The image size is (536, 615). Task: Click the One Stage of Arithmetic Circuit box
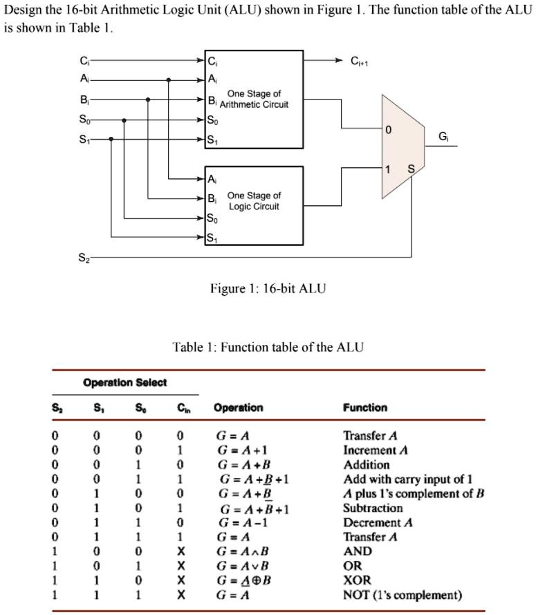[x=254, y=99]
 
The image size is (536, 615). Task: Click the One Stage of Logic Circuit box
[x=254, y=205]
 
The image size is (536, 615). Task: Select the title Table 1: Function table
[x=268, y=347]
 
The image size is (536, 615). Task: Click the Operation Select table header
[x=124, y=382]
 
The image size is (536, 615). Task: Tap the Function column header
[x=365, y=408]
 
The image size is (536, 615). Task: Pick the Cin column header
[x=181, y=408]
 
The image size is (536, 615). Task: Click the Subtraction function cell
[x=373, y=508]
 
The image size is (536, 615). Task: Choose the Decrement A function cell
[x=378, y=522]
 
